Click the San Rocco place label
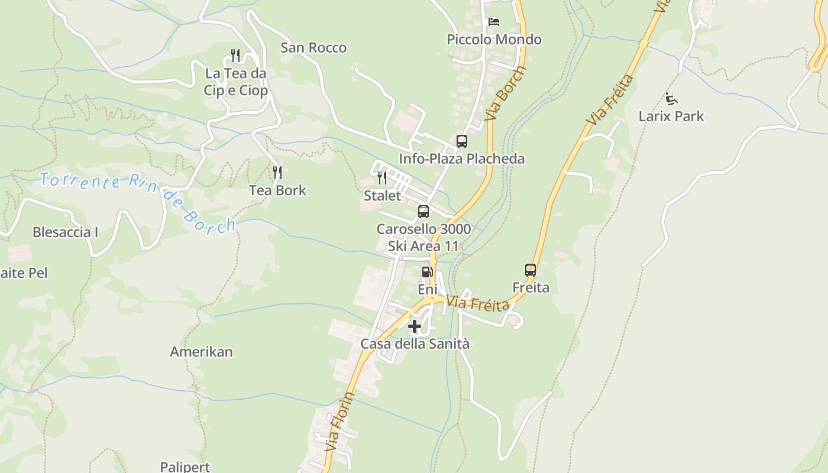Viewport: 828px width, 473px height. click(x=313, y=47)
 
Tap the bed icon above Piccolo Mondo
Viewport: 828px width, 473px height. click(x=494, y=22)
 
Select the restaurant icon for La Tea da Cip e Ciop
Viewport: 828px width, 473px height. click(x=235, y=56)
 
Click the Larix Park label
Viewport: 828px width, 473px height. click(x=671, y=116)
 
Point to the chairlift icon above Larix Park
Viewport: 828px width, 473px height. click(x=671, y=98)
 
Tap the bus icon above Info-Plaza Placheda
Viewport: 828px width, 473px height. click(x=462, y=141)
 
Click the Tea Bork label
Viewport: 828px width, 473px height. click(x=277, y=190)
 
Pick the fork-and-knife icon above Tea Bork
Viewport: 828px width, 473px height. click(x=277, y=173)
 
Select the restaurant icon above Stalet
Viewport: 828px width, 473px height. click(x=382, y=178)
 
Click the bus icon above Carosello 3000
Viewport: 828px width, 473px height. click(x=423, y=212)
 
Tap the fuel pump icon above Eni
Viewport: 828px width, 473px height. click(x=427, y=272)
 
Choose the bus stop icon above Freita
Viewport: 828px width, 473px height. click(x=531, y=270)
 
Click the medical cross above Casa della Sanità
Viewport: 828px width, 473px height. click(x=415, y=326)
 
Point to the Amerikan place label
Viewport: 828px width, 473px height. click(x=201, y=352)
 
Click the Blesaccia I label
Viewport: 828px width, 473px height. click(x=65, y=232)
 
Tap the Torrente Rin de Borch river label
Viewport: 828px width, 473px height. click(x=137, y=200)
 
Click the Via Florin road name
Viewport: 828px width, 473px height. click(x=339, y=421)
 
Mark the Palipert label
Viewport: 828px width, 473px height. click(x=185, y=466)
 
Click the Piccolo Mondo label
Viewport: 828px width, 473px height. click(x=494, y=40)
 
